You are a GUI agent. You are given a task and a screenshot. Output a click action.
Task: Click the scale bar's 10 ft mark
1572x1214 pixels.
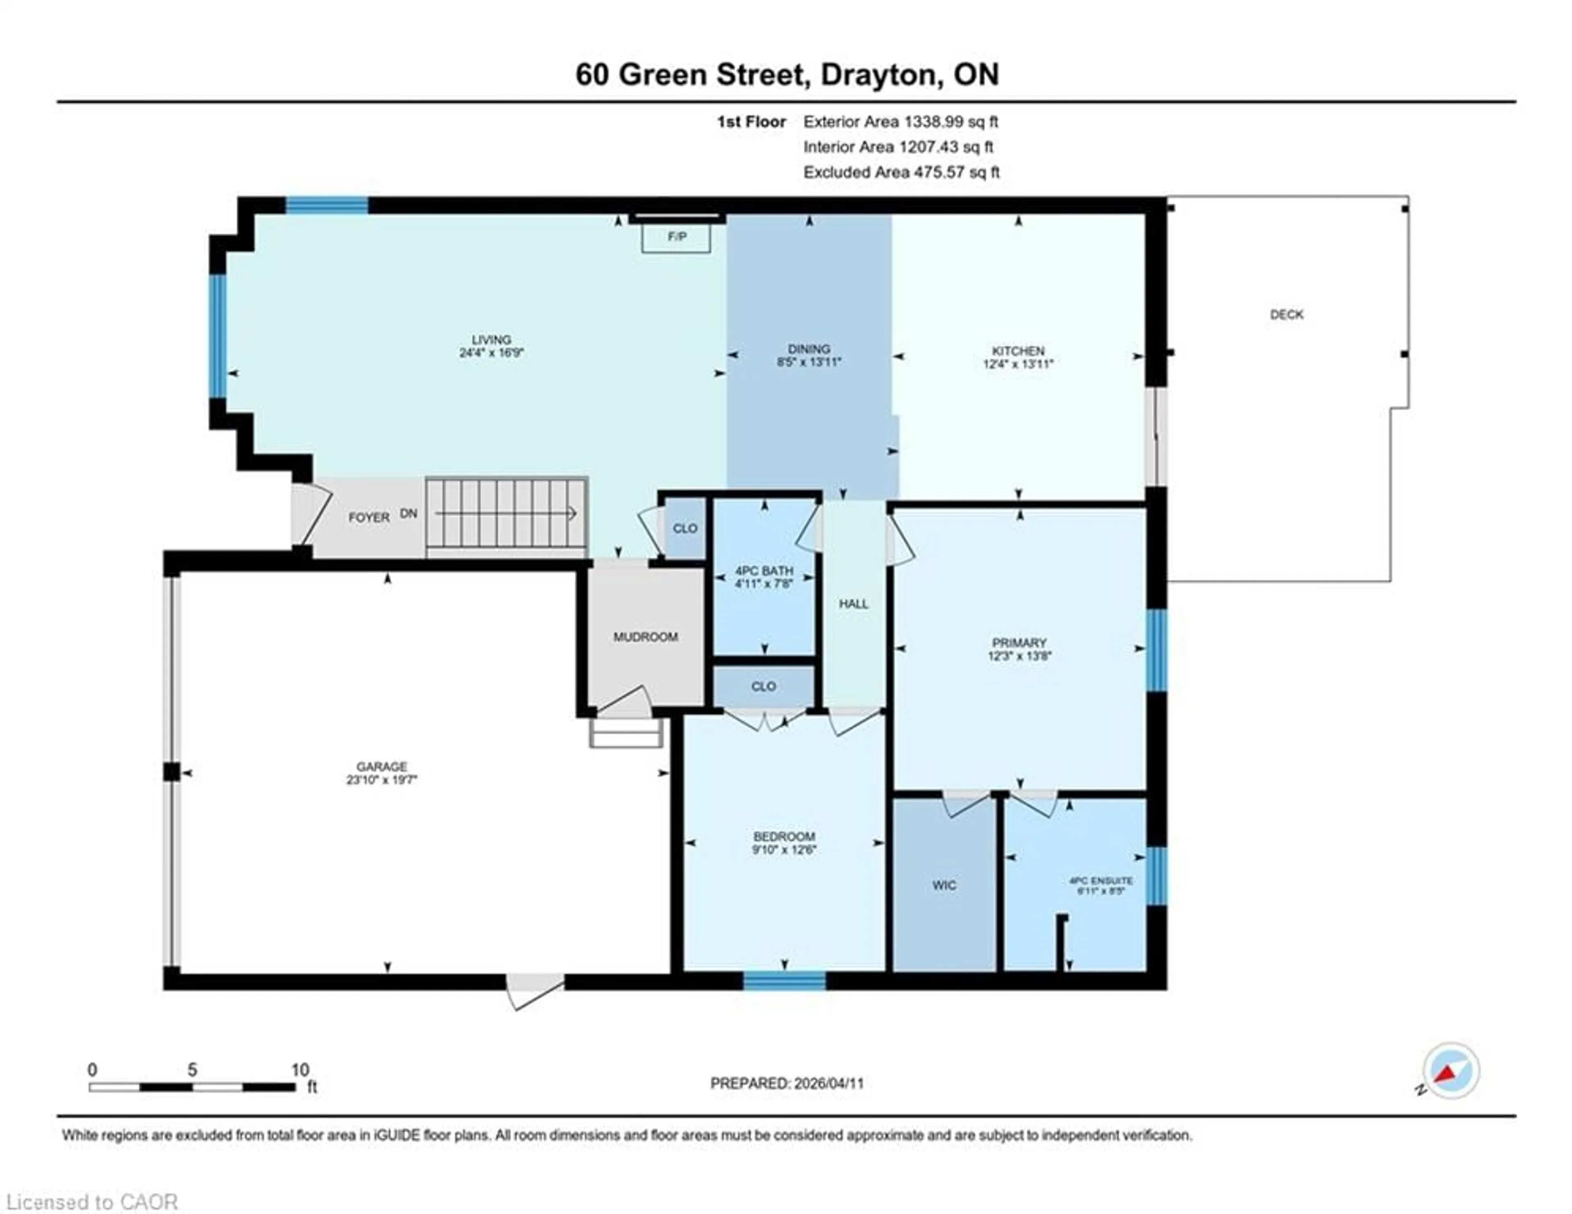(x=299, y=1070)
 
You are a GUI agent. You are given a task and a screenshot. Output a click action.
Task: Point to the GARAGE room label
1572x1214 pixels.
(x=382, y=767)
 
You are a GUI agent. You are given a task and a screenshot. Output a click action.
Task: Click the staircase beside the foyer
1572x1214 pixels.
(x=507, y=513)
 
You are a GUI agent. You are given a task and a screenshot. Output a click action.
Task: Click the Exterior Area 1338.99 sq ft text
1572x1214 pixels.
(x=901, y=122)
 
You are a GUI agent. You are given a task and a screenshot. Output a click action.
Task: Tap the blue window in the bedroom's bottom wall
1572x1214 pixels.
(x=784, y=981)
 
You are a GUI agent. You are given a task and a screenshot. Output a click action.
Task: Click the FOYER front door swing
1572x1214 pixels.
(x=311, y=513)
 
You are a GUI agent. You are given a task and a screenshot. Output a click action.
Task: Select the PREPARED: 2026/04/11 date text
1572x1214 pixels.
(x=787, y=1083)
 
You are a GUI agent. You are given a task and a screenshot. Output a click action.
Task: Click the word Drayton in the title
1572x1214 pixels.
(x=882, y=75)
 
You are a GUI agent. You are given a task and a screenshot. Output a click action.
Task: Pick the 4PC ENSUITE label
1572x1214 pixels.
(x=1100, y=881)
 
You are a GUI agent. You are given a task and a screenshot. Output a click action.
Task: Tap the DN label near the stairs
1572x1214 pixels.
(x=408, y=513)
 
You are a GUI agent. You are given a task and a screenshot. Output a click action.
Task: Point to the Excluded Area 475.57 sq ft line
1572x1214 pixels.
(x=901, y=172)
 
